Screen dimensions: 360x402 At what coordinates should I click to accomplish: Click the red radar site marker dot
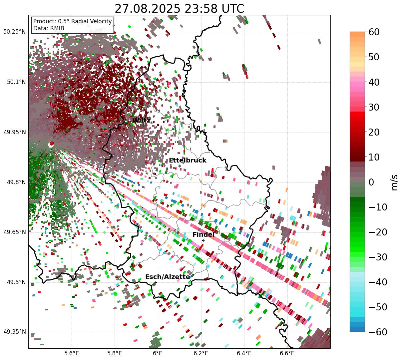coord(52,144)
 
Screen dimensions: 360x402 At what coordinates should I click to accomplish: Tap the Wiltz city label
coord(141,120)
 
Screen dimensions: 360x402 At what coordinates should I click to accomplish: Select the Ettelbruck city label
coord(188,161)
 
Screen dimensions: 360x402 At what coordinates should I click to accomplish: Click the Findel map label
coord(203,235)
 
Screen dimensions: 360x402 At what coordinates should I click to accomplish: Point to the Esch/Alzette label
coord(168,277)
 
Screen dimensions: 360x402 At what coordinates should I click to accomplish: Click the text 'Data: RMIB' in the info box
coord(49,28)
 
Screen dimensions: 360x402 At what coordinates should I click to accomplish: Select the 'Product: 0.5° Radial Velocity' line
coord(73,21)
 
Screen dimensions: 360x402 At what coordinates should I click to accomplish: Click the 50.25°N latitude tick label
coord(14,32)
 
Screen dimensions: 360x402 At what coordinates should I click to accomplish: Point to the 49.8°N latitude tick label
coord(16,182)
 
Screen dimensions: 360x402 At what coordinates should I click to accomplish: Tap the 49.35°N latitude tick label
coord(14,332)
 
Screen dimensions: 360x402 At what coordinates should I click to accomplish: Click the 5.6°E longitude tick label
coord(72,353)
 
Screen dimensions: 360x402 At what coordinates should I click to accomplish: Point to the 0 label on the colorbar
coord(371,182)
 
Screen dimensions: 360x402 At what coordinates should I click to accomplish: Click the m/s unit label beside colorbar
coord(395,182)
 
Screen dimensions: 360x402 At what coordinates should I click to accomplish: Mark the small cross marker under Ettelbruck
coord(180,166)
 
